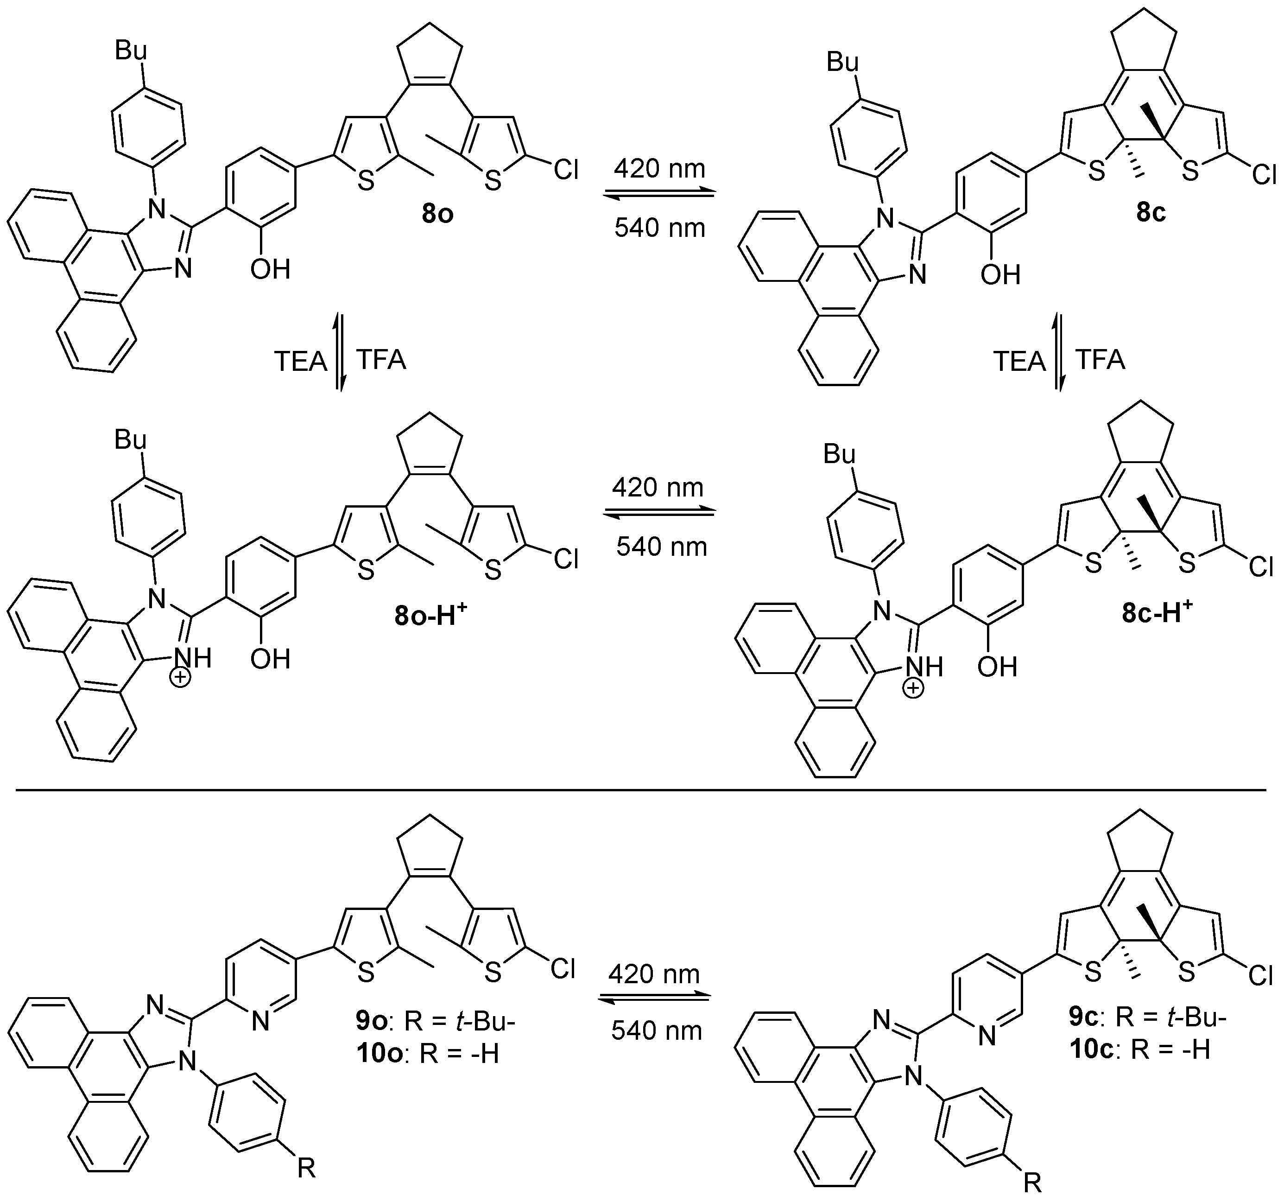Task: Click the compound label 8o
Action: (x=437, y=213)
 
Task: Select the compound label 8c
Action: (x=1151, y=212)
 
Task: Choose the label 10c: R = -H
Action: (x=1139, y=1050)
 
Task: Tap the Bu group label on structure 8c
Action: (x=843, y=63)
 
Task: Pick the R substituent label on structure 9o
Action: (x=306, y=1168)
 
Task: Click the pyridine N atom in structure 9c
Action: (x=986, y=1037)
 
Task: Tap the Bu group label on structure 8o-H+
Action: (x=131, y=439)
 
